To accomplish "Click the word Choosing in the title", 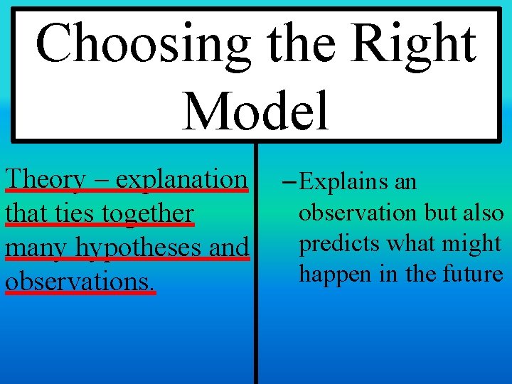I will [143, 44].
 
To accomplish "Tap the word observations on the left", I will [79, 280].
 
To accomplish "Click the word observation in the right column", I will [358, 213].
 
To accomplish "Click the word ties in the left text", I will [65, 213].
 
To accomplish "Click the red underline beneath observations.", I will [79, 292].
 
